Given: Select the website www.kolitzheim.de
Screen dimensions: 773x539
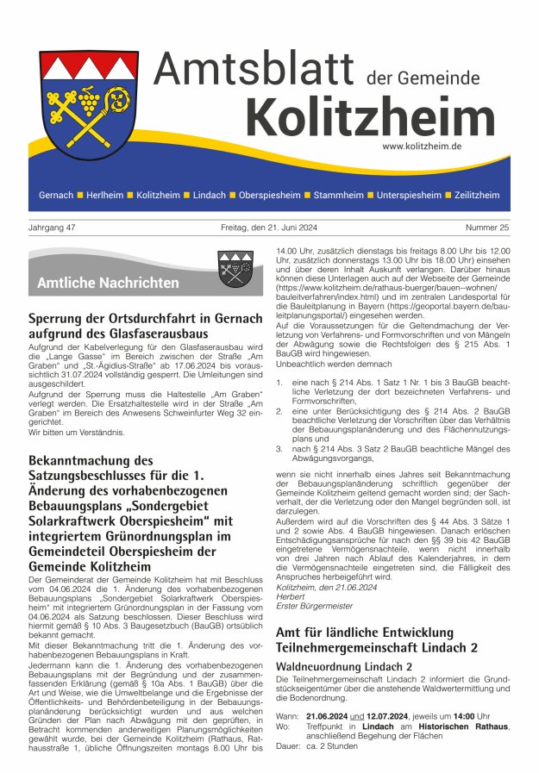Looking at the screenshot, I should [422, 146].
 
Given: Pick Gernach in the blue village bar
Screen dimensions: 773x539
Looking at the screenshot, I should [56, 196].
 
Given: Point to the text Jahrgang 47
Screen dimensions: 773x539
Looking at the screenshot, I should [53, 228].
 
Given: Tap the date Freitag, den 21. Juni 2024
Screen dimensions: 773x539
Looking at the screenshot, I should [269, 228].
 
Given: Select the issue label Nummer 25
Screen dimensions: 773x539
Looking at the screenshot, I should [486, 228].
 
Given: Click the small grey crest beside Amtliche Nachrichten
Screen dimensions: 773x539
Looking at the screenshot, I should [235, 268].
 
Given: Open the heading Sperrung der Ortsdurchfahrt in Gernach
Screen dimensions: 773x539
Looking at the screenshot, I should [142, 321].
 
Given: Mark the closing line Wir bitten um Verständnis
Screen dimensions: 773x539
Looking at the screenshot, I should [76, 432].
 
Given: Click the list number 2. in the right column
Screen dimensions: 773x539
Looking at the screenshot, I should [279, 412].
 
